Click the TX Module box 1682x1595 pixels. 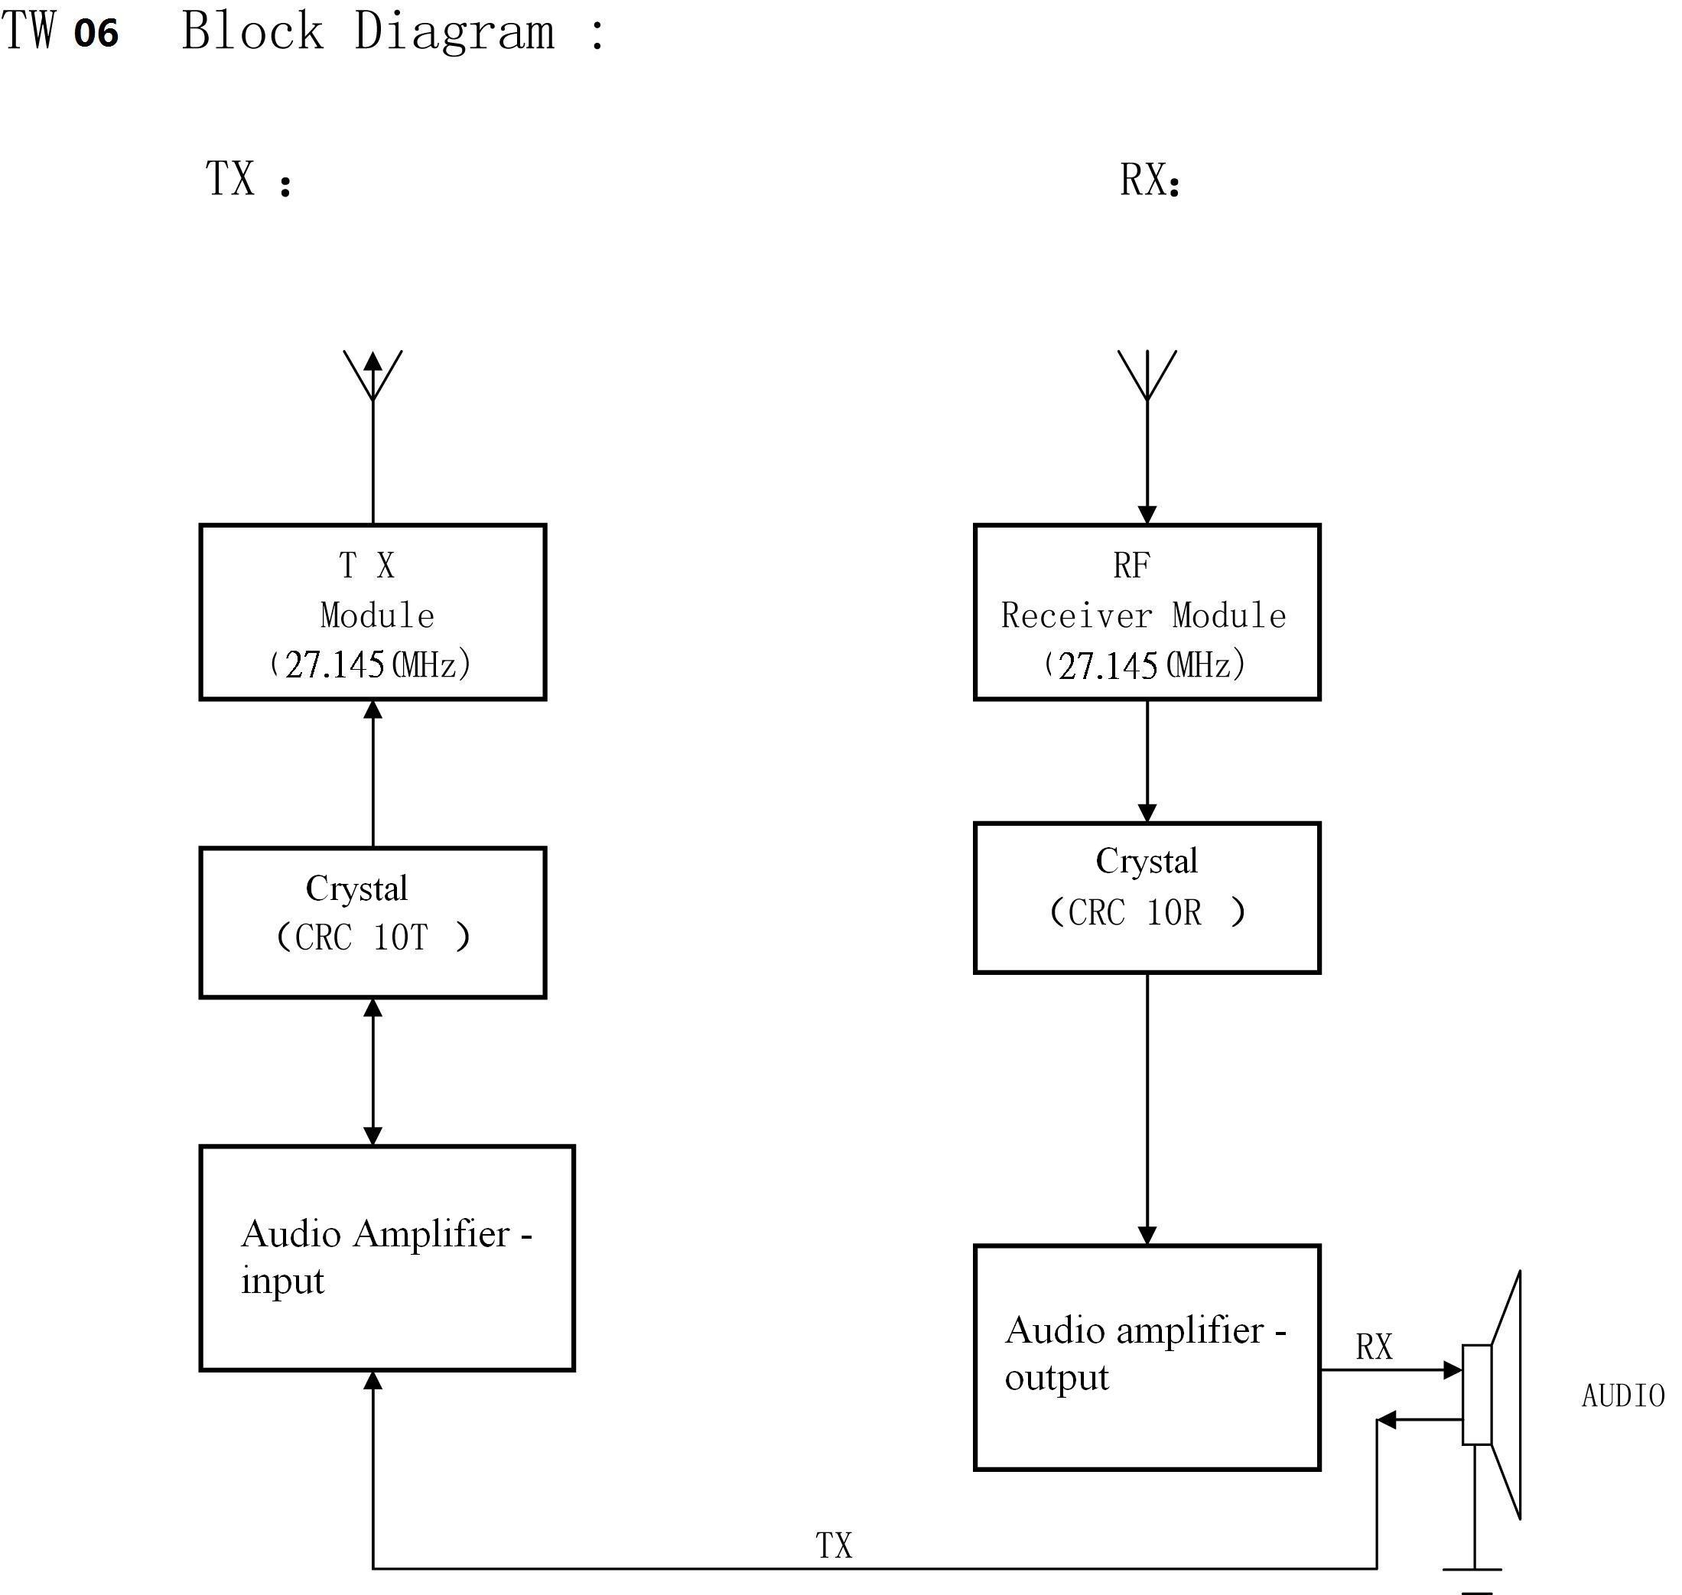click(373, 612)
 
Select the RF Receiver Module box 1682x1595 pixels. click(1147, 612)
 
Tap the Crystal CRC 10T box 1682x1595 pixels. click(373, 922)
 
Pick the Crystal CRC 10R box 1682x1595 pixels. click(1147, 898)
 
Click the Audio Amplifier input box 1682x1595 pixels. click(387, 1259)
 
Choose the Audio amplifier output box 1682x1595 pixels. click(1147, 1358)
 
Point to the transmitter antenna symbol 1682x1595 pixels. click(373, 375)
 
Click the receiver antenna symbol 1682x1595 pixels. click(1147, 375)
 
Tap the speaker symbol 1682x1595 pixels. click(1493, 1395)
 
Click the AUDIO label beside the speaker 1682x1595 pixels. click(1622, 1396)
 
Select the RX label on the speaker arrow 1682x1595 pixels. click(1373, 1347)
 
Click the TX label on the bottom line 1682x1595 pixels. click(833, 1546)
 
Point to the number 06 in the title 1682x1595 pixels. click(96, 34)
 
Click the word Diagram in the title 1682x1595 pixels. click(454, 32)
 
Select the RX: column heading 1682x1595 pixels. click(1150, 180)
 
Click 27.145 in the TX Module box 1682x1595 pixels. click(334, 665)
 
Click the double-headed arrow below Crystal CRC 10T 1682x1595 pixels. click(373, 1071)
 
